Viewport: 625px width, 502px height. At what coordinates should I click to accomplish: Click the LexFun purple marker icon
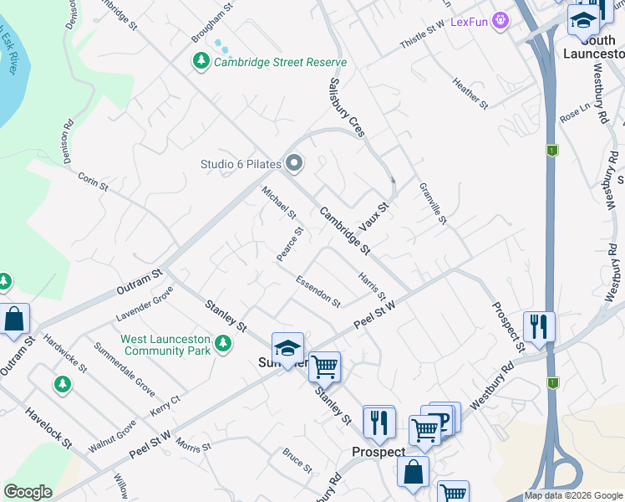coord(501,20)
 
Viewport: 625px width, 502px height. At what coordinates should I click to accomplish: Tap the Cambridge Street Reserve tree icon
coord(201,61)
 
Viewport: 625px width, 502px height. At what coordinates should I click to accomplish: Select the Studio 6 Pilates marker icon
coord(292,163)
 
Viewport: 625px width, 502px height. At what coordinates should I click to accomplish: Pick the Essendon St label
coord(318,291)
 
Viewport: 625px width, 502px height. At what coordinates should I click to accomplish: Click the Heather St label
coord(470,94)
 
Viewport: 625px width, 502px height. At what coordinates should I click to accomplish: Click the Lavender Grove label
coord(145,305)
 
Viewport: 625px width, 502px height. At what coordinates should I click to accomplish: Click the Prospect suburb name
coord(378,453)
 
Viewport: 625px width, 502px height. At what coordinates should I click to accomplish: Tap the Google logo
coord(28,492)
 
